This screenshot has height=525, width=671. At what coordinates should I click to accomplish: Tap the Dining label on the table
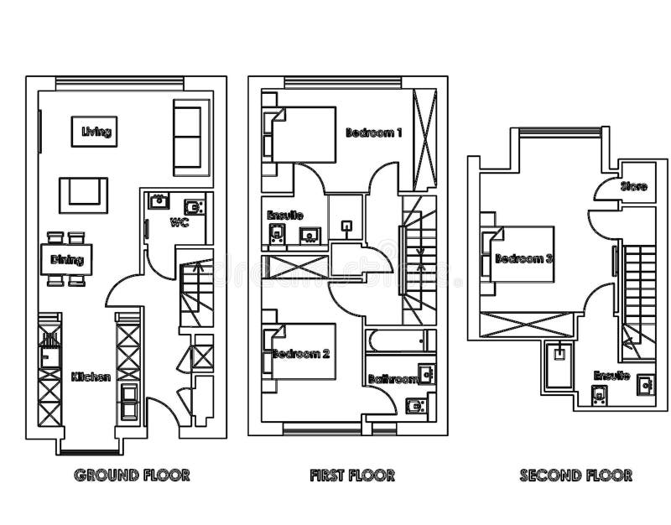[x=67, y=259]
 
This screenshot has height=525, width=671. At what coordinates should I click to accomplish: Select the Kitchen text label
[x=91, y=377]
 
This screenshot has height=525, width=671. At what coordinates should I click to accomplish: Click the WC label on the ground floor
[x=179, y=223]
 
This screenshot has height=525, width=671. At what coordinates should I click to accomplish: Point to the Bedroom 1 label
[x=374, y=133]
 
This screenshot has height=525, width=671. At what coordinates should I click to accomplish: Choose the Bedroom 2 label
[x=301, y=354]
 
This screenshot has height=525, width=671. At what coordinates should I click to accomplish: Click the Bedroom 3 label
[x=523, y=259]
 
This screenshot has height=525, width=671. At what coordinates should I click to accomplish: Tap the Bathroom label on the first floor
[x=393, y=380]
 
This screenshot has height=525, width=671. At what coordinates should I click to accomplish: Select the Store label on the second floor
[x=634, y=186]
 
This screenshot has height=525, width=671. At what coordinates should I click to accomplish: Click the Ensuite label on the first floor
[x=284, y=216]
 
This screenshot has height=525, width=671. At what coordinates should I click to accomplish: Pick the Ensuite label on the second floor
[x=611, y=375]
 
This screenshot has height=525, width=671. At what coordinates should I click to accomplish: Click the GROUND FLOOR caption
[x=132, y=476]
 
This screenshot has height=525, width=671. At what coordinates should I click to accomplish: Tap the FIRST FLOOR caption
[x=351, y=476]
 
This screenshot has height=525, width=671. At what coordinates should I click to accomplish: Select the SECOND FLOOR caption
[x=575, y=476]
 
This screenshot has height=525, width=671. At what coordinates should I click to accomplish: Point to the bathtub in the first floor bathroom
[x=400, y=341]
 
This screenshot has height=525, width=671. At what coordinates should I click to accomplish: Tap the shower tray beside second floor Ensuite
[x=559, y=366]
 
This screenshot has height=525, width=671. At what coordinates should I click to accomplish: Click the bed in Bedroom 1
[x=302, y=134]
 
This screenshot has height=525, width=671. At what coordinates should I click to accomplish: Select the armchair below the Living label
[x=83, y=195]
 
